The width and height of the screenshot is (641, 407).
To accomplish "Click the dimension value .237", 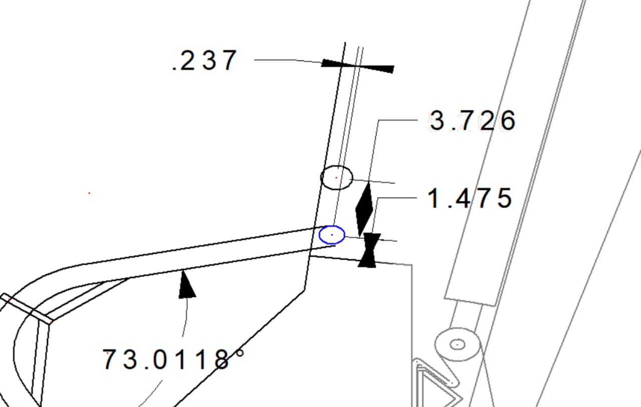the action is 205,61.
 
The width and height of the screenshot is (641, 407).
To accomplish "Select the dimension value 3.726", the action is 473,121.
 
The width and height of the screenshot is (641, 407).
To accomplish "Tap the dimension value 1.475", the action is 470,198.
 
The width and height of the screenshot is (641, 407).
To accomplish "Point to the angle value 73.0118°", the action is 173,359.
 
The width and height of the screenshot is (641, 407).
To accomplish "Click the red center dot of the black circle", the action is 336,178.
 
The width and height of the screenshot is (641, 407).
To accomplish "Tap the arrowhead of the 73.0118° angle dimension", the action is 187,284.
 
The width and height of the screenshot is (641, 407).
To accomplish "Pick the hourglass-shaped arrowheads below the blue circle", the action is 369,250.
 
